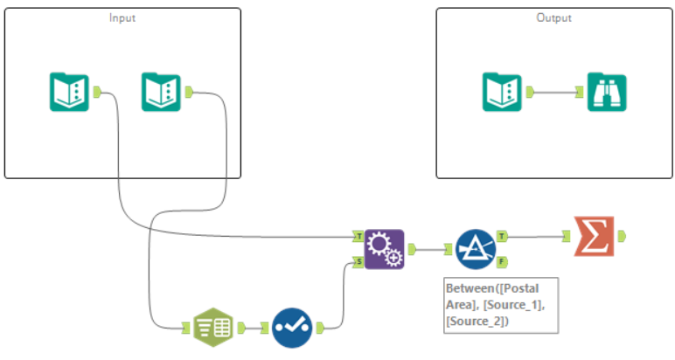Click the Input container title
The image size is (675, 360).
coord(122,17)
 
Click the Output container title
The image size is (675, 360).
coord(553,17)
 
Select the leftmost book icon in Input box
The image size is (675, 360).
coord(68,92)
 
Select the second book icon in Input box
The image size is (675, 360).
coord(162,92)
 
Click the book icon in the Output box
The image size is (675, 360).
coord(504,92)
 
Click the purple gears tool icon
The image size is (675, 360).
coord(384,249)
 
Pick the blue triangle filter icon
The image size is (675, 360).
coord(476,249)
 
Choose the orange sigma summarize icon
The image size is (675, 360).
coord(594,236)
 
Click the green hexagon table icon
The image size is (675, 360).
coord(212,328)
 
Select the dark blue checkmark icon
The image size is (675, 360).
coord(291,328)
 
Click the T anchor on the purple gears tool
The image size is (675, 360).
coord(358,236)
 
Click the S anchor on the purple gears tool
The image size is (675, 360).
coord(358,261)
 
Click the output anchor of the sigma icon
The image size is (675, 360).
coord(622,236)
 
